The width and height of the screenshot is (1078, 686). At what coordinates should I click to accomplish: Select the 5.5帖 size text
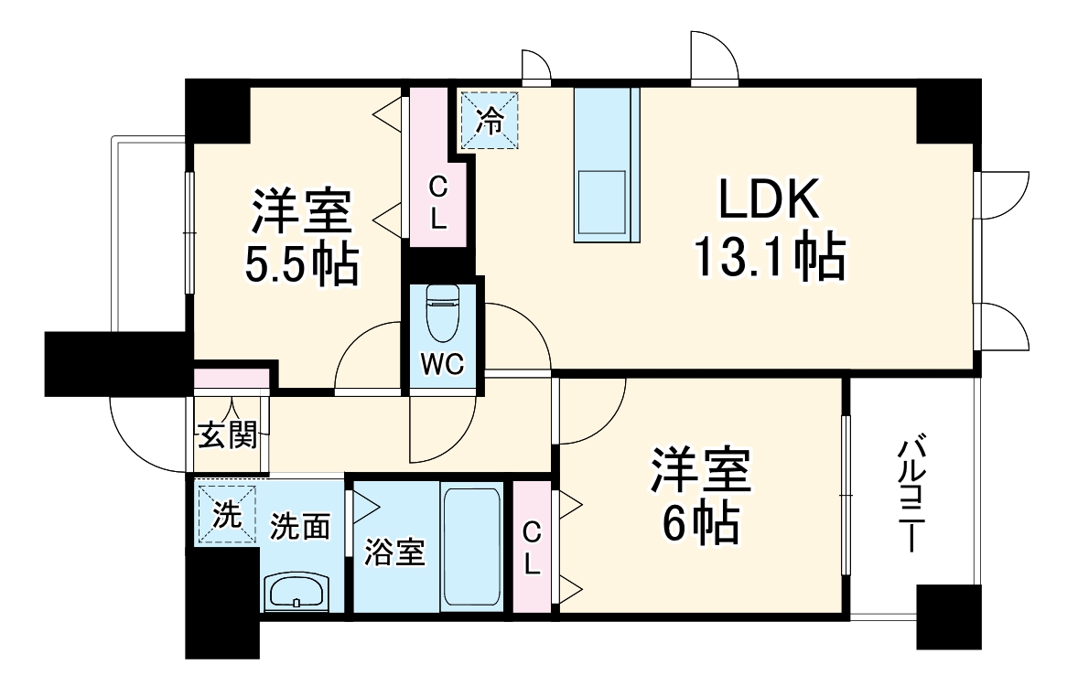click(x=300, y=264)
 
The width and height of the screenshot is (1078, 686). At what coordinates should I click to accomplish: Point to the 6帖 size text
click(x=700, y=523)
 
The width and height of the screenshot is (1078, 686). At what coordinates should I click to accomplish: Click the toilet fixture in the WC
click(x=444, y=311)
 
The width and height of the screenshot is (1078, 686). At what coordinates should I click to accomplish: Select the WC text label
click(x=443, y=364)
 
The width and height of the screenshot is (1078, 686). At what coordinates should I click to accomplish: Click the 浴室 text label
click(x=394, y=552)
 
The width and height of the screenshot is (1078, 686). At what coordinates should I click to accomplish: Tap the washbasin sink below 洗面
click(x=296, y=592)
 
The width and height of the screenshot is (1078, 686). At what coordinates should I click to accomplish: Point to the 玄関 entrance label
click(x=226, y=436)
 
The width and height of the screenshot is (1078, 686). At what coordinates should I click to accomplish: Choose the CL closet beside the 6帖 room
click(x=533, y=547)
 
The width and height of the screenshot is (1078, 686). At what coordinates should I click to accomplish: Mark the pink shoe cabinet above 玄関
click(x=232, y=377)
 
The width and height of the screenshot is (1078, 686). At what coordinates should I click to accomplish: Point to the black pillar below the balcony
click(x=948, y=616)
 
